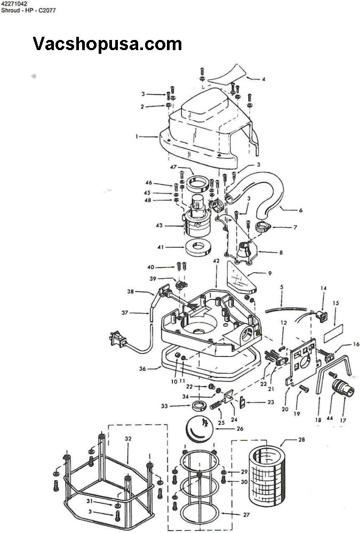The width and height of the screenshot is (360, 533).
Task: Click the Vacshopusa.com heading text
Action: (x=107, y=44)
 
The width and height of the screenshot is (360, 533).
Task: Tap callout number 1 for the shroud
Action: (x=137, y=136)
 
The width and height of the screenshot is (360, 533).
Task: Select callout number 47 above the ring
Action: (x=173, y=167)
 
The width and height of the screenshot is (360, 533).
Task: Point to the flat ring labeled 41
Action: (x=198, y=247)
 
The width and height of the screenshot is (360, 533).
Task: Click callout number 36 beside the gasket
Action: (x=142, y=369)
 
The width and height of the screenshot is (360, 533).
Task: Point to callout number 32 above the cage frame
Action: (x=128, y=439)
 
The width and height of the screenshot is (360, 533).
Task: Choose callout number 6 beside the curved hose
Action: (x=300, y=211)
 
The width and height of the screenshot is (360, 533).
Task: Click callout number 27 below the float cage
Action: (x=246, y=515)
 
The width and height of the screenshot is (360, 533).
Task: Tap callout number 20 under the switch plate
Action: (x=285, y=409)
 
